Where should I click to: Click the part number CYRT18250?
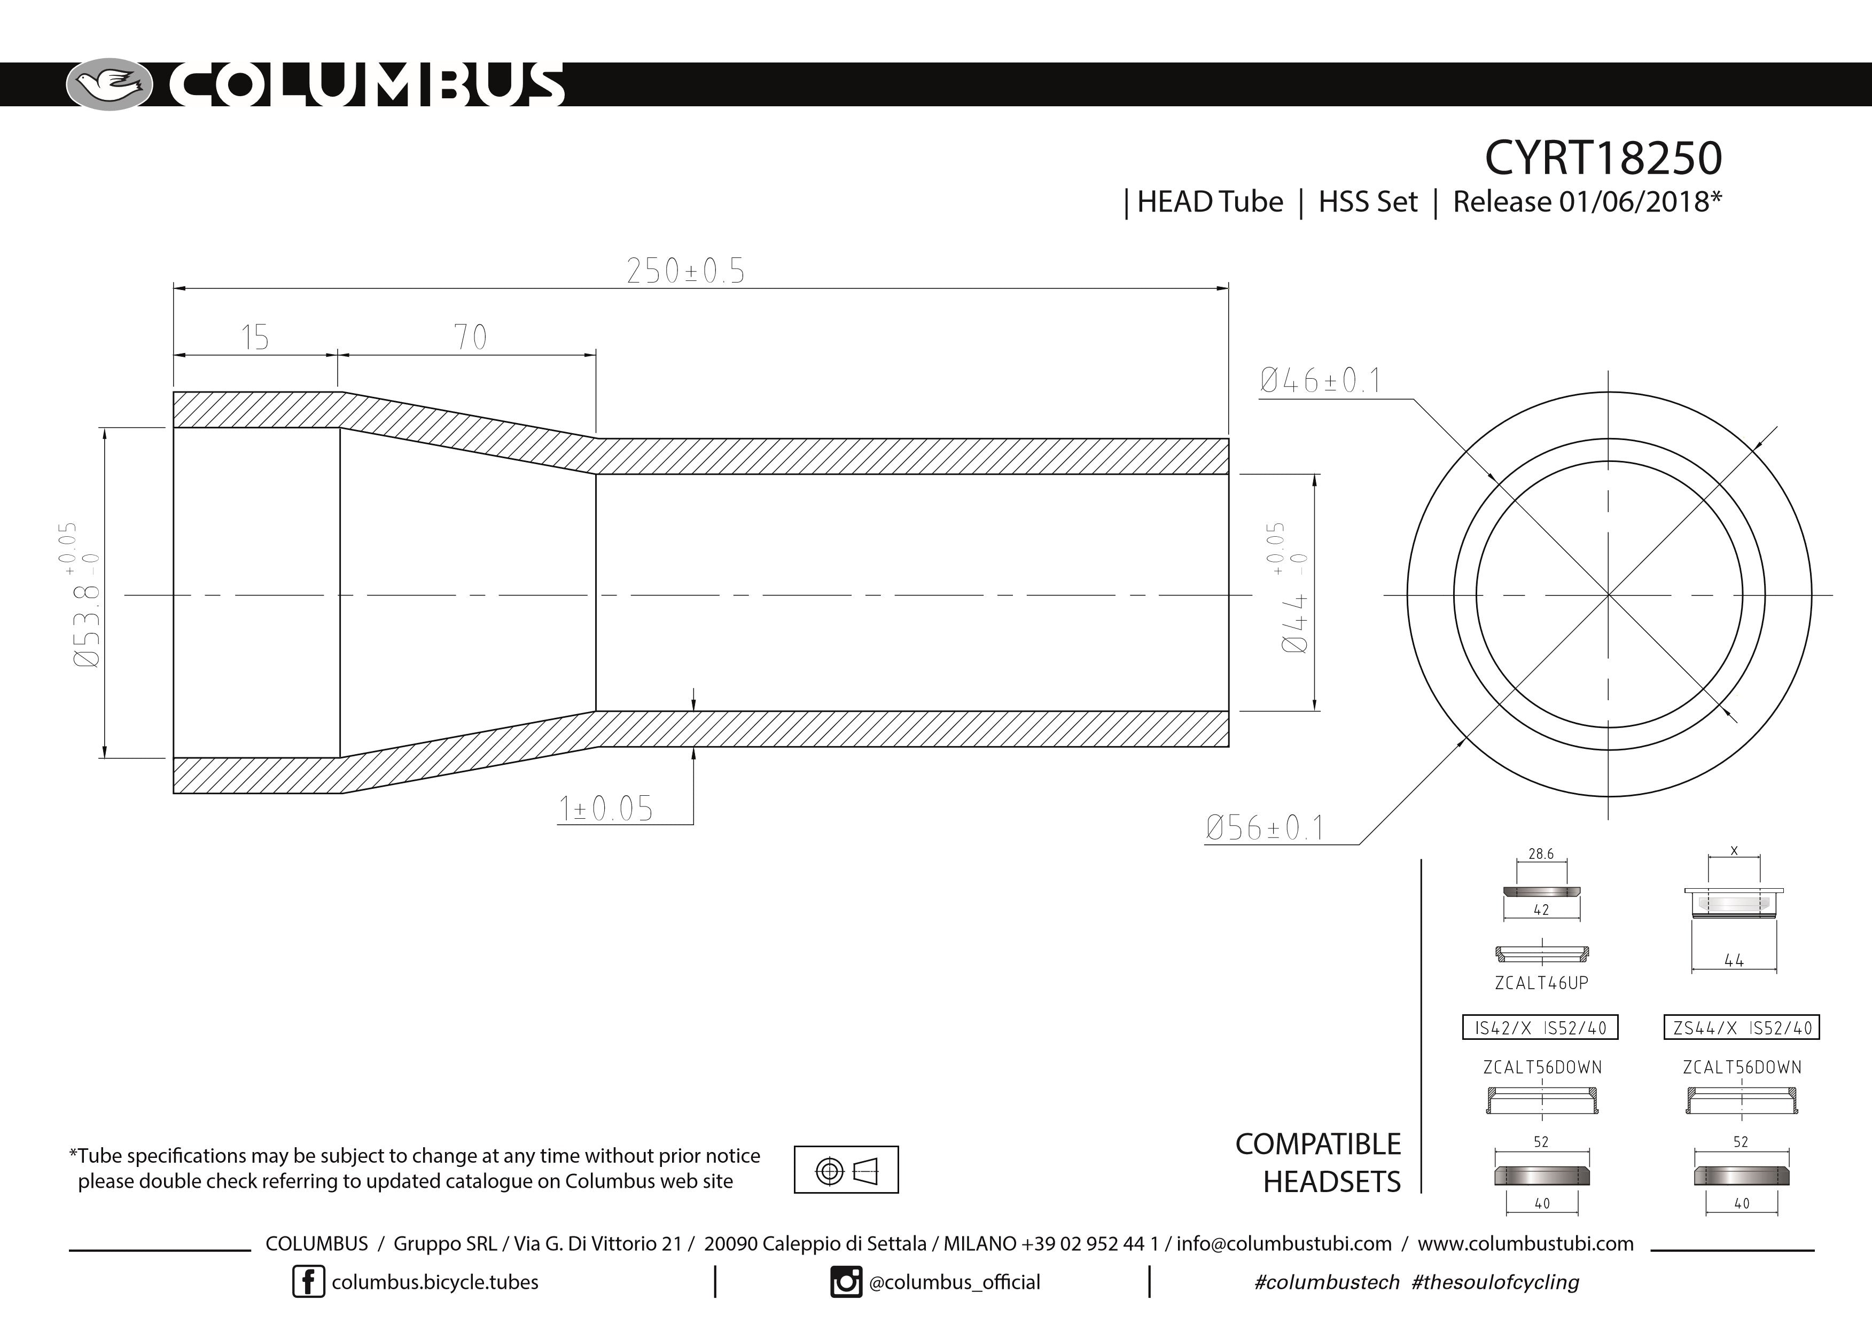[1602, 158]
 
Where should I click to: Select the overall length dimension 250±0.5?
[685, 271]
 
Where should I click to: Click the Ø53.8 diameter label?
[85, 595]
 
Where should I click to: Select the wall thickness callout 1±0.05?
[606, 809]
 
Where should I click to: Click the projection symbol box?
[846, 1169]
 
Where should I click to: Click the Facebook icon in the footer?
[308, 1282]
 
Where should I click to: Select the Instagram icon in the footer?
[846, 1282]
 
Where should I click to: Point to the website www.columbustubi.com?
[1525, 1243]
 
